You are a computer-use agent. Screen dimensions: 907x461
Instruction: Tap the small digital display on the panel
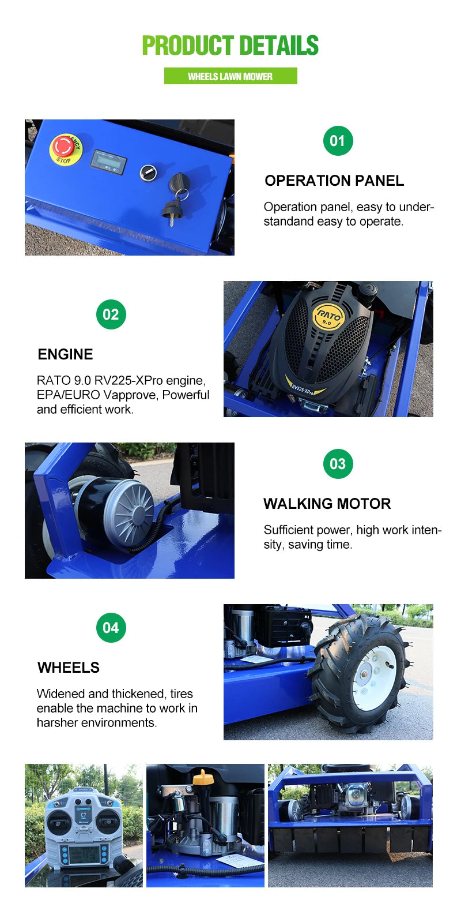coord(108,162)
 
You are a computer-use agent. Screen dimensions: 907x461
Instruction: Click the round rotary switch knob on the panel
coord(148,172)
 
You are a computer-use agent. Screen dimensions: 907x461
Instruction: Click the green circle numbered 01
coord(338,141)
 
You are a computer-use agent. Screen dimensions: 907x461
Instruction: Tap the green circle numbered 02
coord(111,314)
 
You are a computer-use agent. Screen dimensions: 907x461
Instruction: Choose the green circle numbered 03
coord(338,464)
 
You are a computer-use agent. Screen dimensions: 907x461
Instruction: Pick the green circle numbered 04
coord(111,628)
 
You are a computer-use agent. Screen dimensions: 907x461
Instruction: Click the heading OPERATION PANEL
coord(334,181)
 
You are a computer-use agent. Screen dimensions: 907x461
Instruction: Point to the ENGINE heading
coord(65,354)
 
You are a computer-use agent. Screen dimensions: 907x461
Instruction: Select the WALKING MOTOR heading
coord(327,504)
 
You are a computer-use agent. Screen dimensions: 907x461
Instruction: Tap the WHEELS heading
coord(69,668)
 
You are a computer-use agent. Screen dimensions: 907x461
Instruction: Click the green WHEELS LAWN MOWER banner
coord(231,76)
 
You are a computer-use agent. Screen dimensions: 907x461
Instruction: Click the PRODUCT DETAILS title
coord(231,46)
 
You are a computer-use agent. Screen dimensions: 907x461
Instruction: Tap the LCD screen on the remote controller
coord(84,854)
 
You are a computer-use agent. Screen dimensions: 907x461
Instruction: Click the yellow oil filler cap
coord(203,777)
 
